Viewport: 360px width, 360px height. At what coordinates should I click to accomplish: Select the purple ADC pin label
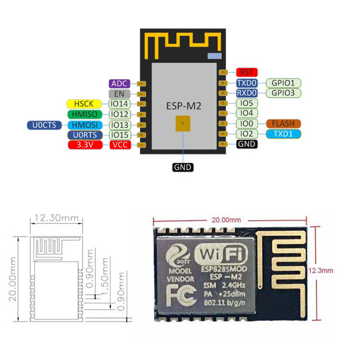[x=119, y=83]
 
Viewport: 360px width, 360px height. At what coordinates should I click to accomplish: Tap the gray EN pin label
[x=119, y=94]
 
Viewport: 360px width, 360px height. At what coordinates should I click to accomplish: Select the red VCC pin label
[x=119, y=145]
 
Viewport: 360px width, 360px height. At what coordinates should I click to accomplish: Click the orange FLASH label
[x=283, y=124]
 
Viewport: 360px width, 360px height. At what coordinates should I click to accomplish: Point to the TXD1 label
[x=283, y=134]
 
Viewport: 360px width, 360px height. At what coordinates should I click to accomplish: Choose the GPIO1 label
[x=283, y=83]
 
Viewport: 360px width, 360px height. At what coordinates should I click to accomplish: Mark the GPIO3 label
[x=283, y=93]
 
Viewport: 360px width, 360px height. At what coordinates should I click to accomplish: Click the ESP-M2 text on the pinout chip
[x=181, y=105]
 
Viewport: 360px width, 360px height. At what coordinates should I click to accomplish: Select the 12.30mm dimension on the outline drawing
[x=56, y=217]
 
